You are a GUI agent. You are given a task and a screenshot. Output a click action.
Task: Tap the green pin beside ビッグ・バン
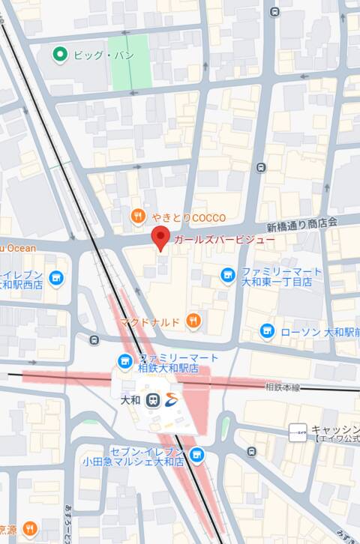[60, 54]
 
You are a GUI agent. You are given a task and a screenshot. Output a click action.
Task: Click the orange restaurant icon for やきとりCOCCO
[137, 217]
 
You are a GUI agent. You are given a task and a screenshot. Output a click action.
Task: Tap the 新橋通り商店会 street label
[302, 223]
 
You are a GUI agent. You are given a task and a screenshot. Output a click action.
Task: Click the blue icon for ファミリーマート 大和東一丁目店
[228, 276]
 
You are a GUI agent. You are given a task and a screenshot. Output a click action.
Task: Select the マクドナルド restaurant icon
[193, 321]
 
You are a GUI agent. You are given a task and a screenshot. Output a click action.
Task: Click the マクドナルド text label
[149, 321]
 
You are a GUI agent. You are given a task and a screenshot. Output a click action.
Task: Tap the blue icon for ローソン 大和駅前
[267, 330]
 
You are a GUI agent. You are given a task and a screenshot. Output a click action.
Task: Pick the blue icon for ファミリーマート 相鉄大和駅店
[124, 362]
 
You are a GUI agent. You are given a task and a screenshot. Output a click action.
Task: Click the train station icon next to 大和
[152, 400]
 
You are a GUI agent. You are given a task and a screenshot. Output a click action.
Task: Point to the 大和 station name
[131, 400]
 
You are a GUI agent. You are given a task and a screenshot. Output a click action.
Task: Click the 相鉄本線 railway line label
[283, 387]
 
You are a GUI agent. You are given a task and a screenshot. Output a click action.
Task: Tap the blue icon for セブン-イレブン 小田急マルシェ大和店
[196, 454]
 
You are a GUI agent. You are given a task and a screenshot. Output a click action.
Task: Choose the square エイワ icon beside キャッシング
[298, 432]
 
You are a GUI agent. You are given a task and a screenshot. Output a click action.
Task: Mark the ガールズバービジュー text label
[224, 241]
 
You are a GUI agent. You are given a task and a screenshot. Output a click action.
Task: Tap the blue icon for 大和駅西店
[55, 279]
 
